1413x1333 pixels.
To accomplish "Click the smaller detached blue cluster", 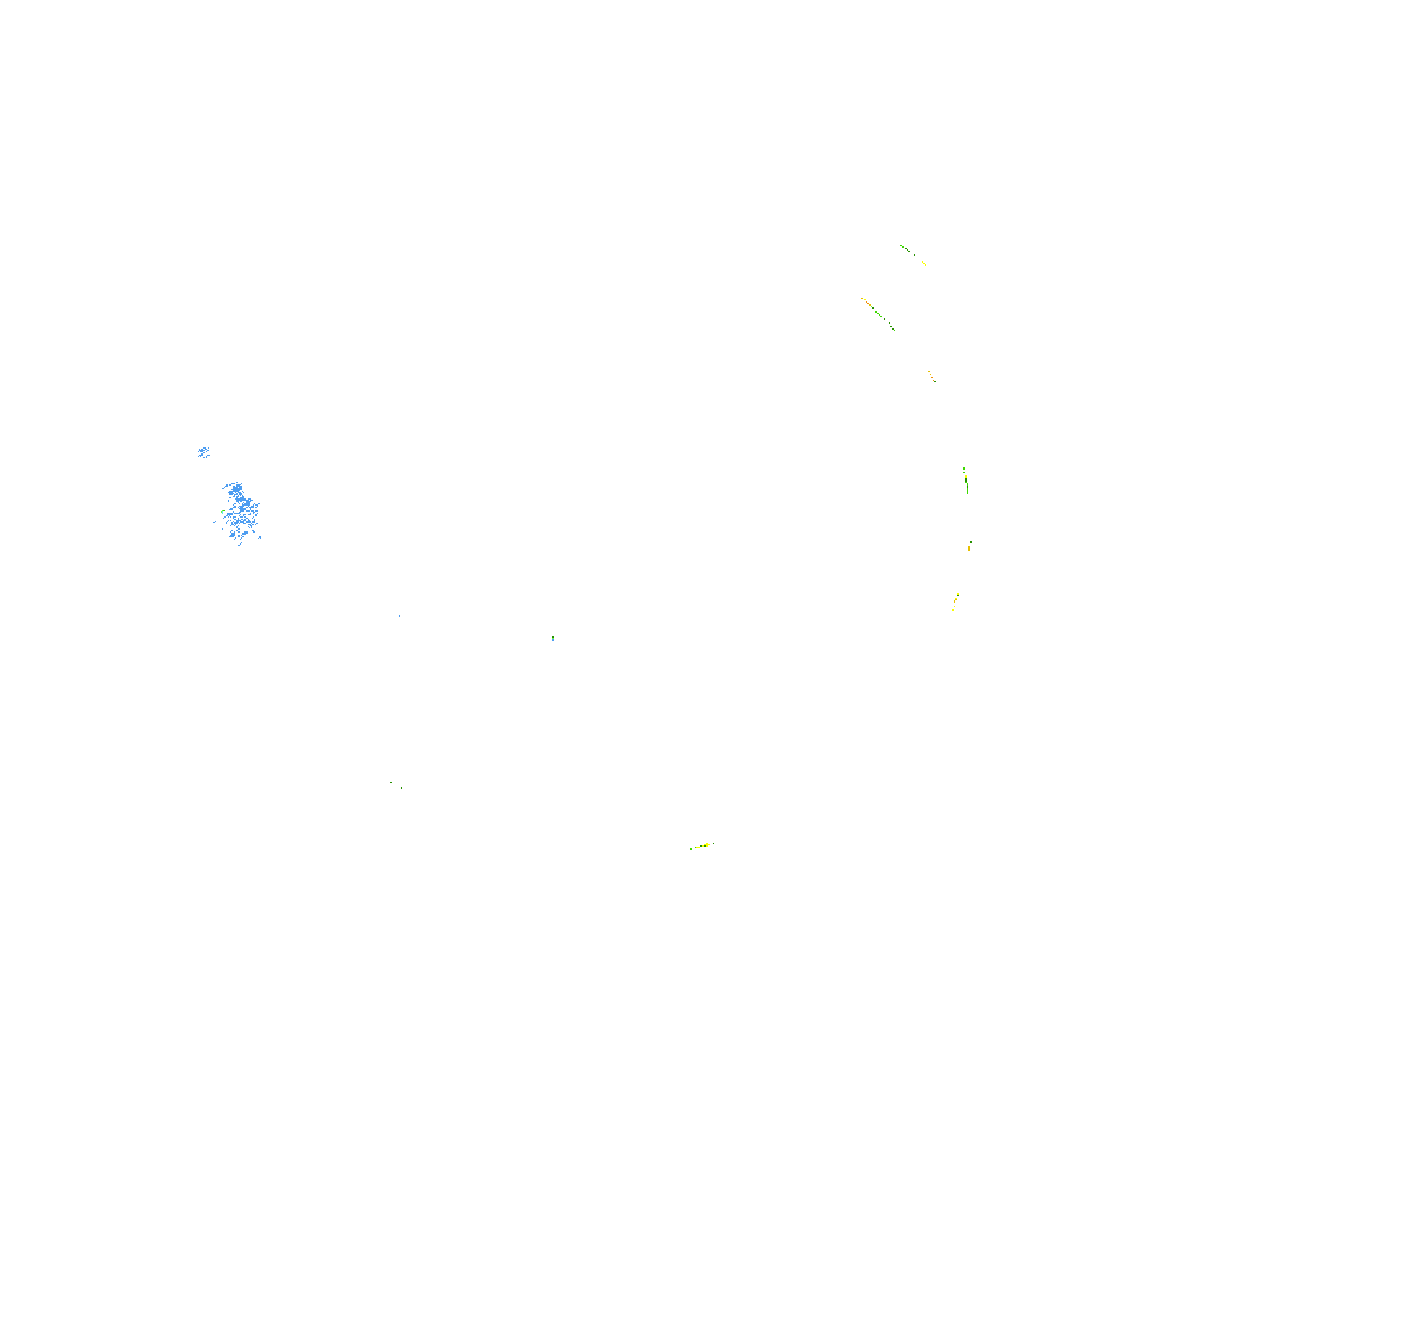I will click(x=204, y=452).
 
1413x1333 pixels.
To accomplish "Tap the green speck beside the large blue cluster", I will click(x=223, y=511).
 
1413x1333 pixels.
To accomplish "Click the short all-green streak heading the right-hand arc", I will click(x=905, y=248).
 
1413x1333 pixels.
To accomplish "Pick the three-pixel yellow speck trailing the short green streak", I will click(x=924, y=264).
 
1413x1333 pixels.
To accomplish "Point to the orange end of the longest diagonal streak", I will click(x=864, y=301).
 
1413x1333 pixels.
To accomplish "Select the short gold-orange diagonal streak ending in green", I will click(x=931, y=376).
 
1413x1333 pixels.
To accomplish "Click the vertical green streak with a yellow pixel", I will click(x=966, y=480).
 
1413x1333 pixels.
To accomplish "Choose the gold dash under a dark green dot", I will click(x=969, y=548).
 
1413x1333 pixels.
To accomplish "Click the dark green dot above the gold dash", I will click(x=971, y=541).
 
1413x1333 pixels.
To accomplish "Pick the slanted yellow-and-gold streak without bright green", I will click(x=955, y=601).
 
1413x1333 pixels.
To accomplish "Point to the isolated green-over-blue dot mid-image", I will click(x=553, y=638).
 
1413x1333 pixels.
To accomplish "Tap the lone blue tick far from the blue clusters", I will click(x=400, y=616).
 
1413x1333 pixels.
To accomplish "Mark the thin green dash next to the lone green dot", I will click(x=390, y=783).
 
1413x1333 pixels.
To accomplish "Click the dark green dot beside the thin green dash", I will click(x=402, y=788).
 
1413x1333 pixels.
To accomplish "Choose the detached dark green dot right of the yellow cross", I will click(x=713, y=843).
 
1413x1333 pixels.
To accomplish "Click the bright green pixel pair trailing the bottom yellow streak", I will click(x=691, y=849).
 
